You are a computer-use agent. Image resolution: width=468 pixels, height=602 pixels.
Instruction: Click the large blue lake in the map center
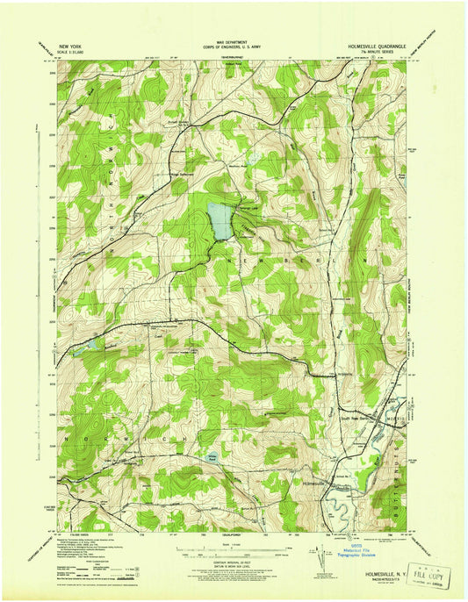tap(220, 222)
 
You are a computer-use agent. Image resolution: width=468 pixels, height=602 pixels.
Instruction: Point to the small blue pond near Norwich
tap(211, 457)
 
